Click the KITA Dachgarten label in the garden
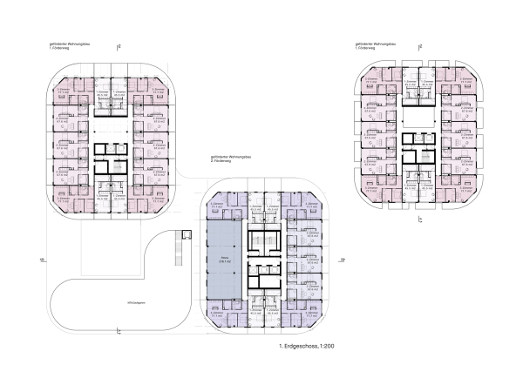pos(135,303)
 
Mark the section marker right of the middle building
pos(343,259)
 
